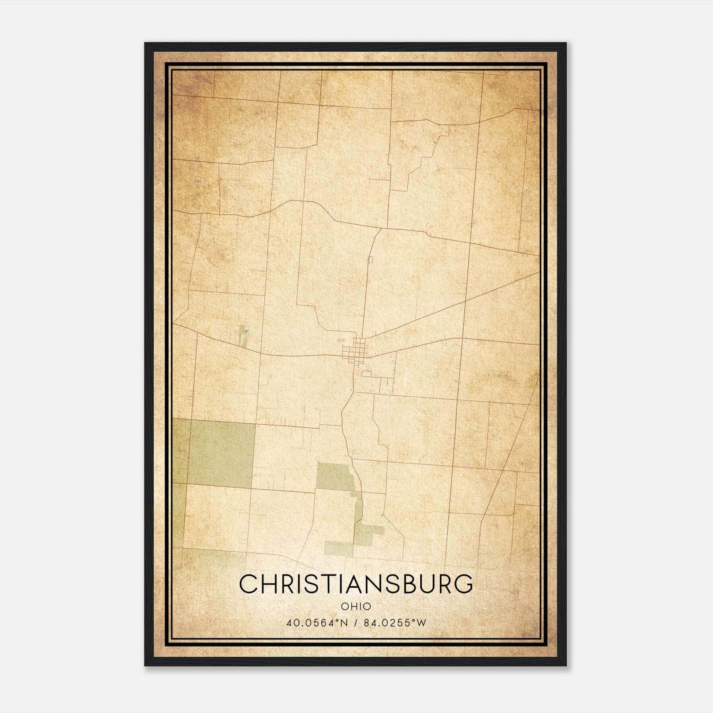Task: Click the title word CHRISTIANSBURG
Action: point(356,584)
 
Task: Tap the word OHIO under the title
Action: point(356,606)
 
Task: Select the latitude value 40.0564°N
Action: point(316,623)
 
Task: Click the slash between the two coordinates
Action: point(356,623)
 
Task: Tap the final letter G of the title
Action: point(463,584)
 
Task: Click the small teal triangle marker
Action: point(246,332)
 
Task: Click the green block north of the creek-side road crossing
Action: point(335,476)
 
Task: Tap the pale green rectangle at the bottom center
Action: point(338,549)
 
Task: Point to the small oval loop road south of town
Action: point(367,373)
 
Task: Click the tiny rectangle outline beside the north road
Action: point(369,259)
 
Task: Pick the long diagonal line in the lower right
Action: point(508,450)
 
